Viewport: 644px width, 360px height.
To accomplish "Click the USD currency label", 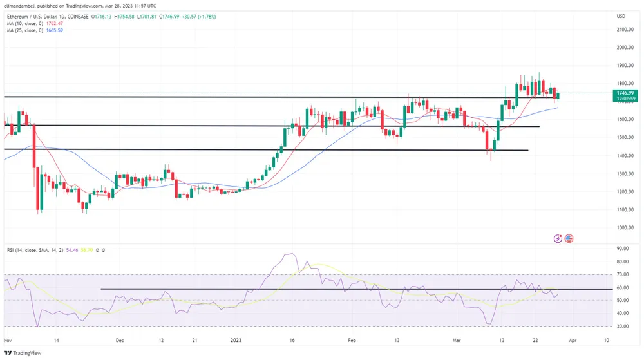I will [x=621, y=16].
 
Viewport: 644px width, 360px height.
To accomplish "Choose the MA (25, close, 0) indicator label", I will [x=22, y=30].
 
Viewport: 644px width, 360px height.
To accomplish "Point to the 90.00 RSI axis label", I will [x=623, y=248].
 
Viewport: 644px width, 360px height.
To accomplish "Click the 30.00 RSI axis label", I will [x=623, y=327].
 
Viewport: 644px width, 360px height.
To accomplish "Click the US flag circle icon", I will [x=569, y=238].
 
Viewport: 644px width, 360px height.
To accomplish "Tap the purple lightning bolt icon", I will [x=558, y=238].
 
